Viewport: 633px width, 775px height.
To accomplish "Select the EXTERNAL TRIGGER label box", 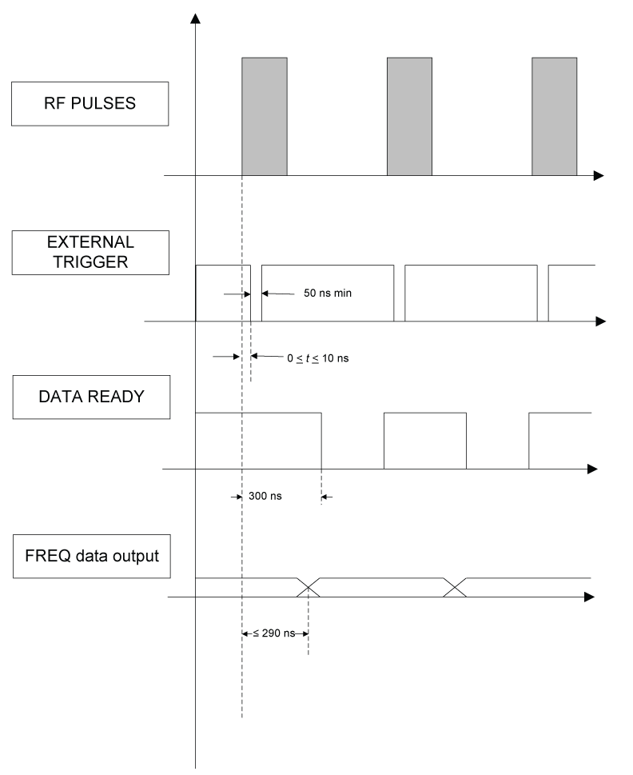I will click(x=90, y=252).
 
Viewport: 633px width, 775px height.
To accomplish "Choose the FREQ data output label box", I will click(x=90, y=554).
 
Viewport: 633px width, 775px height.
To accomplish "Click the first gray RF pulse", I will click(x=265, y=116).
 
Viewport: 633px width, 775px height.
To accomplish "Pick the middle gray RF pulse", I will click(x=408, y=116).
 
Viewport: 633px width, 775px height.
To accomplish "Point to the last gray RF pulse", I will click(x=553, y=116).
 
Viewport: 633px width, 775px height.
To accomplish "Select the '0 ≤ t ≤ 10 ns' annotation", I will click(x=317, y=358).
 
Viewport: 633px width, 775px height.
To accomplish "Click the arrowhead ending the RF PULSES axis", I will click(x=598, y=175).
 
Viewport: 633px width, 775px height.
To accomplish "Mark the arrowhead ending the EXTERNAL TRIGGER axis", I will click(x=600, y=322).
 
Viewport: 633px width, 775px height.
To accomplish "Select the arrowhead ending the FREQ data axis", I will click(x=589, y=597).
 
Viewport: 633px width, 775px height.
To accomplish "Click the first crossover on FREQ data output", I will click(x=309, y=587).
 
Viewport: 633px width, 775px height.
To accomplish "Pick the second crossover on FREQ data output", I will click(x=456, y=587).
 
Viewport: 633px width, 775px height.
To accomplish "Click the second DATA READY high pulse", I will click(x=424, y=440).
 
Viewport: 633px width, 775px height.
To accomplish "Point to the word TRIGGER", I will click(x=90, y=262).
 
